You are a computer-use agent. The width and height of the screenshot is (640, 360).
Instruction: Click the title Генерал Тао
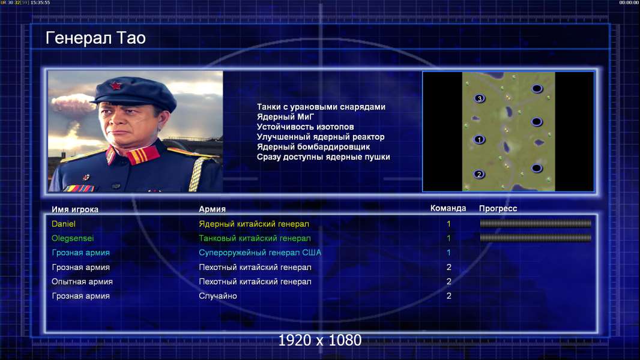click(95, 38)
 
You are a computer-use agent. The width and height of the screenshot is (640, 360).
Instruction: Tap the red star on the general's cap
click(115, 85)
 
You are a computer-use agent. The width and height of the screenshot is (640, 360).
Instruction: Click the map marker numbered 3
click(480, 98)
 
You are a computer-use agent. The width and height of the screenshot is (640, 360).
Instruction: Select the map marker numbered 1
click(479, 139)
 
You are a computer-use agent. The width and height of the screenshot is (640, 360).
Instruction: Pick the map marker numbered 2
click(479, 175)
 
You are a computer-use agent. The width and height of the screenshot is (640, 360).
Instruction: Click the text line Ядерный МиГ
click(285, 116)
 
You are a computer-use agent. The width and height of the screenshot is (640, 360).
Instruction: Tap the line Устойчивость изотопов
click(306, 127)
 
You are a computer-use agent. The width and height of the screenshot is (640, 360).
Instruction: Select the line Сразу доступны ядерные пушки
click(323, 157)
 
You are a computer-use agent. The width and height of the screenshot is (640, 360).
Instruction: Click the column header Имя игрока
click(74, 209)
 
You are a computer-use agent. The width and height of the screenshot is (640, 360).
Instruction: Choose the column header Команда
click(448, 208)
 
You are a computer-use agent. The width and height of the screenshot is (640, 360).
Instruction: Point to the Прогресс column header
click(498, 208)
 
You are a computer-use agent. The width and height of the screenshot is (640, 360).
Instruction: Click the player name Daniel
click(63, 224)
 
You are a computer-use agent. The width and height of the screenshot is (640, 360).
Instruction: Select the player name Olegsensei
click(73, 238)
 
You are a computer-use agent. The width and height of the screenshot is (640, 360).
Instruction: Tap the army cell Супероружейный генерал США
click(260, 253)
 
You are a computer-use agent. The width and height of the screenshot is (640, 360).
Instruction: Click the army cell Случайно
click(217, 296)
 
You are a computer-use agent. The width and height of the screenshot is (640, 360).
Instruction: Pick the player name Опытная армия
click(82, 282)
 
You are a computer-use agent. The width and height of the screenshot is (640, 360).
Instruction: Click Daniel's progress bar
click(536, 223)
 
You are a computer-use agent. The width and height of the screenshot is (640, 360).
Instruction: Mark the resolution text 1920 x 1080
click(319, 340)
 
